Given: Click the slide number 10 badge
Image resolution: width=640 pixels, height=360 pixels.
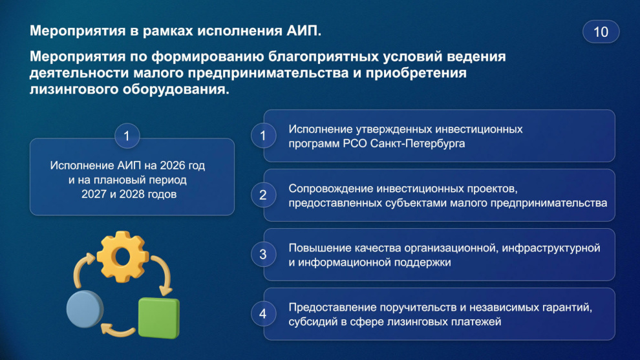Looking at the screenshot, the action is coord(601,32).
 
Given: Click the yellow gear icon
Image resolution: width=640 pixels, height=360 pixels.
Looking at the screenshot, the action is coord(122,257).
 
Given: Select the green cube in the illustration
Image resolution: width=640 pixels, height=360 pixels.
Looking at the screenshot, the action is coord(159,318).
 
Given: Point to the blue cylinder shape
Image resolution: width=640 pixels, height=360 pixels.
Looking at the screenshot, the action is coord(85,309).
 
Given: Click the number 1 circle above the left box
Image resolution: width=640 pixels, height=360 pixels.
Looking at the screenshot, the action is coord(127,136).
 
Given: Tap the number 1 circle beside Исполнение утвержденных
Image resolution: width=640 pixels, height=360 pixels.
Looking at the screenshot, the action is coord(263,136).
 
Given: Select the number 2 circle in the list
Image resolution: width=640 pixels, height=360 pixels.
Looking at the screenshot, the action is coord(263,195).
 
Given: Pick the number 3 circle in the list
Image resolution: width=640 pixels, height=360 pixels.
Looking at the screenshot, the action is coord(263,255).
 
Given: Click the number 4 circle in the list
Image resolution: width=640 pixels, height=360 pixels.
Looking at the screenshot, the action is coord(263,314).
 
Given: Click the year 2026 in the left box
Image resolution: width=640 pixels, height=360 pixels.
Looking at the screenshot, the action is coord(173,165).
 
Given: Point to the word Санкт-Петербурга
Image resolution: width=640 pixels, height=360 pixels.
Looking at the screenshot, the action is coord(418,143).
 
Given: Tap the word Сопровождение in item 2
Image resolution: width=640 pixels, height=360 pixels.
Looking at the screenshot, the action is coord(331,189).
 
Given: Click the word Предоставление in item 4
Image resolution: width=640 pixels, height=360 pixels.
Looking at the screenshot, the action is coord(333,308).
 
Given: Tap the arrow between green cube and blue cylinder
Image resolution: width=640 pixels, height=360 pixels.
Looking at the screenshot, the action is coord(118,330).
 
